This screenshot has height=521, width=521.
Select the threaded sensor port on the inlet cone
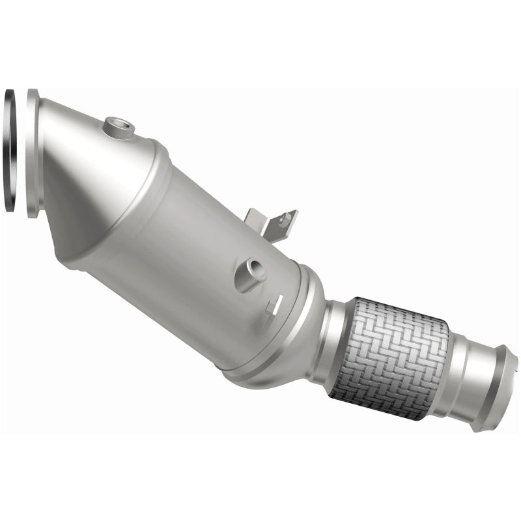tap(119, 126)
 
